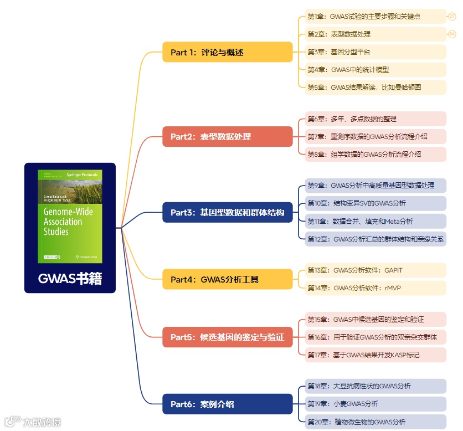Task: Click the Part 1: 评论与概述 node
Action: click(x=227, y=52)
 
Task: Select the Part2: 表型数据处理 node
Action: click(x=227, y=136)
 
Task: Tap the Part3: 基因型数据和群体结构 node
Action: click(x=227, y=212)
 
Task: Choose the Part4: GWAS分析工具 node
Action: click(x=227, y=279)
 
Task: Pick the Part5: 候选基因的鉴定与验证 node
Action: click(x=227, y=337)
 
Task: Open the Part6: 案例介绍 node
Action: click(x=227, y=404)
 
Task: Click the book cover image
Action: click(x=70, y=216)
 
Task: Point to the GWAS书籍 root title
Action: click(x=70, y=279)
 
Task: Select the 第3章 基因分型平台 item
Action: click(x=375, y=52)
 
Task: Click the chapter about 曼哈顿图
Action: click(x=375, y=87)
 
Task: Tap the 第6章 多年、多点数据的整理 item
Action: click(x=375, y=119)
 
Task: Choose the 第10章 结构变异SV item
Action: click(x=375, y=203)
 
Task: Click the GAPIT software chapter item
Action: click(x=375, y=270)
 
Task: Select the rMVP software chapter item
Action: click(x=375, y=288)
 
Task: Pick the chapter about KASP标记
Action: click(x=375, y=355)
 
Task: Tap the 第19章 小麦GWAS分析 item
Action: click(x=375, y=404)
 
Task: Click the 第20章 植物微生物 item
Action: click(x=375, y=422)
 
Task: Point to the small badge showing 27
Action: click(x=452, y=17)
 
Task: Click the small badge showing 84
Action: click(x=452, y=34)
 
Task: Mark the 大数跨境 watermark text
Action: click(x=41, y=422)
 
